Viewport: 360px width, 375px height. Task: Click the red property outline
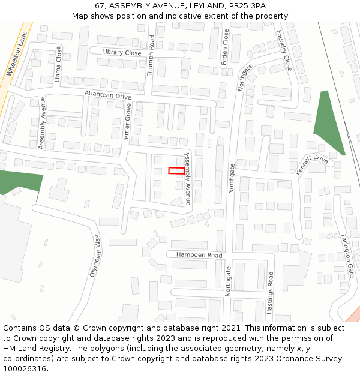pos(176,171)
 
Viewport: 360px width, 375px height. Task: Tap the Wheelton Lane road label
pos(17,54)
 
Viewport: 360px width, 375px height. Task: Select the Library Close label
pos(121,52)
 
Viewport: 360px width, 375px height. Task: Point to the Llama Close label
pos(58,64)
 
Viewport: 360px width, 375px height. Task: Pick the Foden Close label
pos(226,47)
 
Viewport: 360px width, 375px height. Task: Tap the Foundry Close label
pos(283,52)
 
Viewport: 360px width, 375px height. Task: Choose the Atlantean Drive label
pos(107,95)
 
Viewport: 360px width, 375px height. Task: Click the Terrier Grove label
pos(127,122)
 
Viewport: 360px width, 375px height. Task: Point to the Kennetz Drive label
pos(312,164)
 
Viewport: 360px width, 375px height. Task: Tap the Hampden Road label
pos(199,255)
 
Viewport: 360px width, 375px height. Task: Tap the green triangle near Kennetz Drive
pos(327,123)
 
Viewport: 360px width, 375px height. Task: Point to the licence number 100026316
pos(25,368)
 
